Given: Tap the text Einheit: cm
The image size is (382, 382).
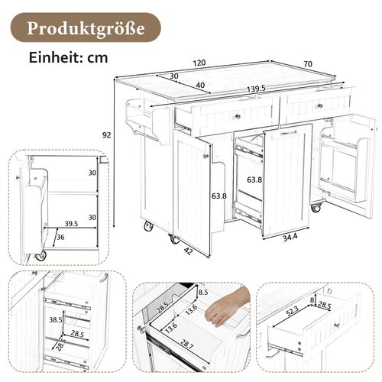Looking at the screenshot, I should (x=68, y=57).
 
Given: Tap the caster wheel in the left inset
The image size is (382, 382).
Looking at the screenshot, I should (x=40, y=256).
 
